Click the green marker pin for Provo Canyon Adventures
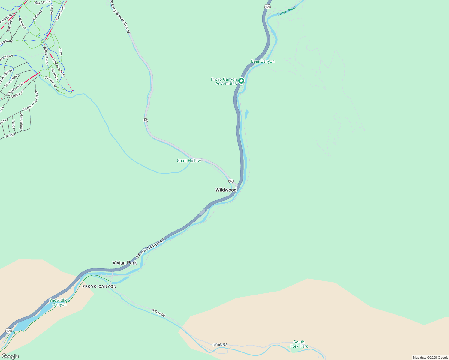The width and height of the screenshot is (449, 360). point(241,81)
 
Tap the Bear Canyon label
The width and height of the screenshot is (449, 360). point(263,61)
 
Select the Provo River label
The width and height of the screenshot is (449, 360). point(287,11)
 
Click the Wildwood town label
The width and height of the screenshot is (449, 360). point(226,190)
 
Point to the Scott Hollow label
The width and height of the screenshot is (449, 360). point(189,161)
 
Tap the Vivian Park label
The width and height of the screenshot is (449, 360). point(125,263)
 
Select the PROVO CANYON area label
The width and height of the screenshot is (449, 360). point(99,286)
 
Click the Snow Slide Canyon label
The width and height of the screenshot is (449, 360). point(59,302)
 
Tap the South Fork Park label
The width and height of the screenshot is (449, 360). point(299,344)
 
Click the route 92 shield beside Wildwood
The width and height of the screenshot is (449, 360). point(231,181)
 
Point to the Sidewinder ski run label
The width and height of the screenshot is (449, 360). point(51,82)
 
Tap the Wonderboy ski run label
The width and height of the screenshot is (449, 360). point(21,121)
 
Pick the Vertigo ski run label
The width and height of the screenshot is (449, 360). point(10,135)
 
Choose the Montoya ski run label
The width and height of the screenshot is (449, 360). point(23,24)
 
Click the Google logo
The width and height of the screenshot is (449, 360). point(10,356)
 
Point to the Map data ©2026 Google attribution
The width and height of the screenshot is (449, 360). point(430,358)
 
